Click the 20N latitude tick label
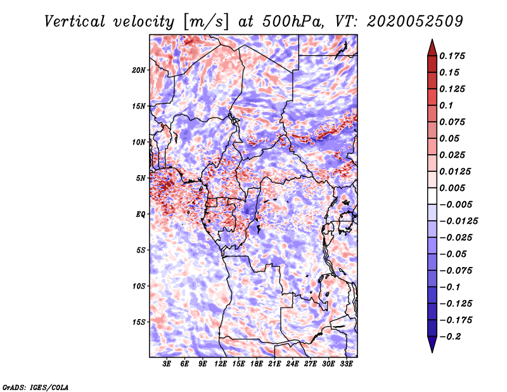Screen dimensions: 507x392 (139, 70)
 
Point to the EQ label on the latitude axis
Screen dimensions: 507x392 (141, 214)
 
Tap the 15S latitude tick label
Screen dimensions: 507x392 (139, 322)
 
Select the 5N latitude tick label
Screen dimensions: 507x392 (141, 178)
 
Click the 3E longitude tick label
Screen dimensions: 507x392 (167, 364)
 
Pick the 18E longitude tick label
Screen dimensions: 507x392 (257, 364)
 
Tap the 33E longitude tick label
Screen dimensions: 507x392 (346, 364)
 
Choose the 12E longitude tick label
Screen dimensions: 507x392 (221, 364)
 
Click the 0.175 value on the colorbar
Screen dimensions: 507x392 (452, 56)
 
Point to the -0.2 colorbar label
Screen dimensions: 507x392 (450, 337)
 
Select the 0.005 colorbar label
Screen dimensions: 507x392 (452, 188)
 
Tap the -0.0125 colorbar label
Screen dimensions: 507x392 (458, 221)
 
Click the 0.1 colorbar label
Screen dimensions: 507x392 (446, 105)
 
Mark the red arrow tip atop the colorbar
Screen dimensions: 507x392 (432, 39)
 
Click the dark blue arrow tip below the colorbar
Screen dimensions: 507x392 (432, 352)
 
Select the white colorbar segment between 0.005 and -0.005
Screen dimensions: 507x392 (432, 196)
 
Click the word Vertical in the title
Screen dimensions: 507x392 (75, 22)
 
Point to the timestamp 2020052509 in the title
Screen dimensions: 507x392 (415, 22)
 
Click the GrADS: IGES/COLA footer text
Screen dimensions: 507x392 (35, 388)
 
